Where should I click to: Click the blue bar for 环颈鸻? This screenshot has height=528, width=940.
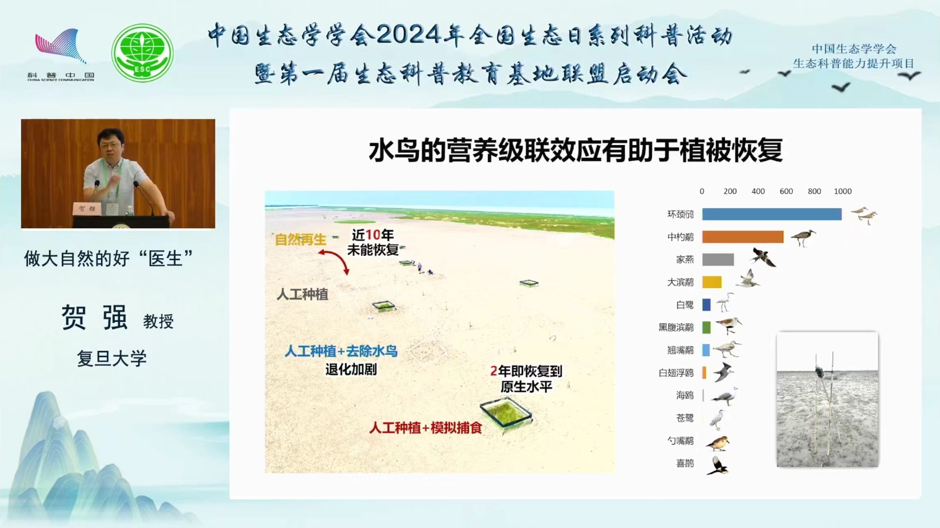coord(771,214)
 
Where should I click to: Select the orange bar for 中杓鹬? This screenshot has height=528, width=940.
coord(743,237)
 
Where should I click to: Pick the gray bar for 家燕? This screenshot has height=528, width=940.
coord(718,259)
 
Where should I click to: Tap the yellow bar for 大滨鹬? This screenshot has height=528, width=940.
coord(712,282)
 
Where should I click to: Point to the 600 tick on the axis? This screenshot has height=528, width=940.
coord(786,191)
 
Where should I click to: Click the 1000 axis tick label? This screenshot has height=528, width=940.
coord(842,191)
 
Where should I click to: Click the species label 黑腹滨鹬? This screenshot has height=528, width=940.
coord(676,327)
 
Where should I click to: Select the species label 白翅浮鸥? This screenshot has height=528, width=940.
coord(676,373)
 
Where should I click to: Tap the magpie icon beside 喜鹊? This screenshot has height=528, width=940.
coord(717,466)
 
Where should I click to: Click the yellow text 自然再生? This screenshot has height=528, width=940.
coord(300,239)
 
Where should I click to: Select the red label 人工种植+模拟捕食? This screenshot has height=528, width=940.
coord(425,428)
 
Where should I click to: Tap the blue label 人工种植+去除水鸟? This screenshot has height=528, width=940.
coord(341,351)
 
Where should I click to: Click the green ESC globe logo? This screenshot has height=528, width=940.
coord(142,53)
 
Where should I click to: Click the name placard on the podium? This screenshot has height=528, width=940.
coord(87,209)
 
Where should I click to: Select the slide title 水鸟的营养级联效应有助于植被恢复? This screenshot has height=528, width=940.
coord(575,150)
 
